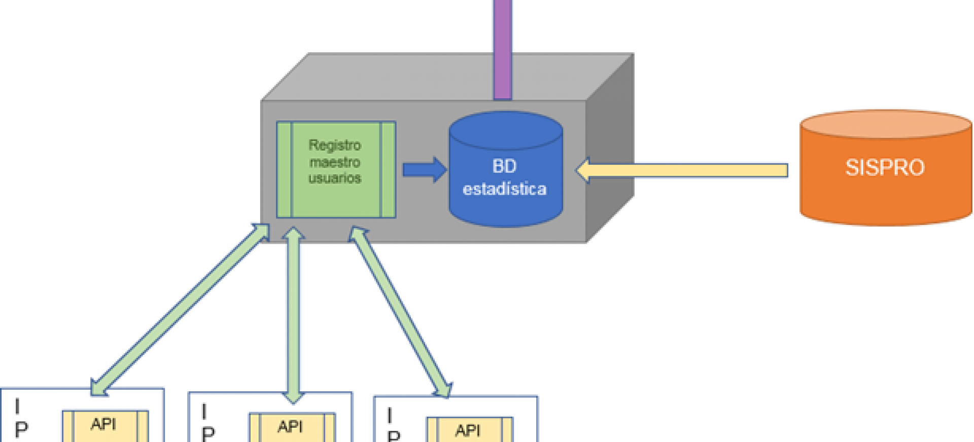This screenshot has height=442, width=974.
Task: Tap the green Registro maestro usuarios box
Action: [336, 169]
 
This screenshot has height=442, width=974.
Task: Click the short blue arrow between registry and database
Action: [424, 169]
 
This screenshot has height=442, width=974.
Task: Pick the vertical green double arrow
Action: [293, 315]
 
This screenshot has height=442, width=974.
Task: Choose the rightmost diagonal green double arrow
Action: [400, 312]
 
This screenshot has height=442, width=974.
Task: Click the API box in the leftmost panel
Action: [105, 425]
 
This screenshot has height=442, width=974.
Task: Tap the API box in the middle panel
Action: [292, 427]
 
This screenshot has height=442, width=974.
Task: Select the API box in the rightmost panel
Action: [469, 430]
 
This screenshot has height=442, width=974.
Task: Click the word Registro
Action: [335, 145]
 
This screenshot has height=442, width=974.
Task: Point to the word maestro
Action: [335, 162]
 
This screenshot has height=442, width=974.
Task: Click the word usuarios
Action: [335, 178]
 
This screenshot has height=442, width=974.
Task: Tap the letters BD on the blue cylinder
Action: [504, 166]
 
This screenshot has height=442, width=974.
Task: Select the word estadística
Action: [505, 189]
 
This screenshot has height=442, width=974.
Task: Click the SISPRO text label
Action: [885, 168]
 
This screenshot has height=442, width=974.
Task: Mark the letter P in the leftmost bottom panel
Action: [21, 430]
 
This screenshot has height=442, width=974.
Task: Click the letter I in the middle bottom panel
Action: [204, 412]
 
